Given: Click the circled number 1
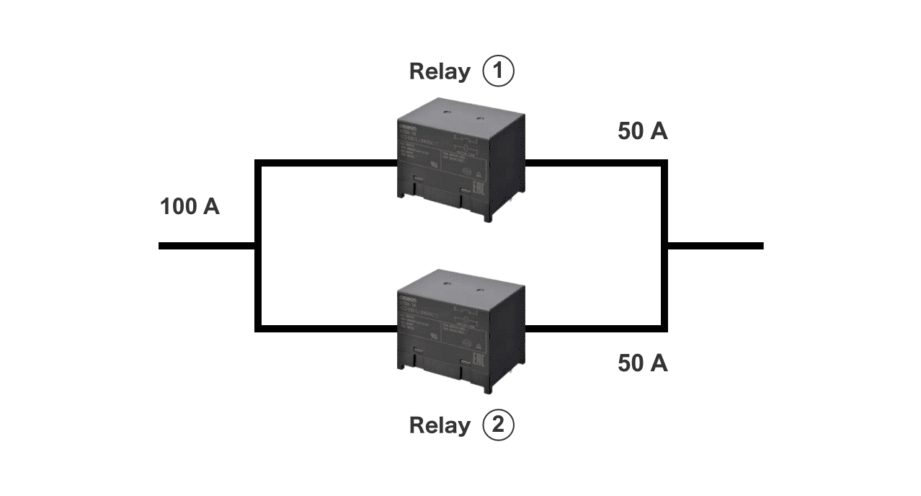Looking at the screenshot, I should click(x=498, y=71).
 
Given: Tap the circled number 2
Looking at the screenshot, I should click(x=498, y=425).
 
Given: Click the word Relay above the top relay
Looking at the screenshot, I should click(x=439, y=71).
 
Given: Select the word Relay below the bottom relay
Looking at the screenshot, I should click(x=439, y=425).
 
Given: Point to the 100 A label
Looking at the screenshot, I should click(x=190, y=207).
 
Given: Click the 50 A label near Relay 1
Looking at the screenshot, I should click(x=643, y=132).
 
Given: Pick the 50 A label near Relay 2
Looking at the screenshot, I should click(x=643, y=363).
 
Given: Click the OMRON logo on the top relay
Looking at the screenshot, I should click(x=408, y=125).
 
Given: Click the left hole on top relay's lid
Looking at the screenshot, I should click(x=447, y=112).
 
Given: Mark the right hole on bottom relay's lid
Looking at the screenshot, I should click(x=480, y=286).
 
